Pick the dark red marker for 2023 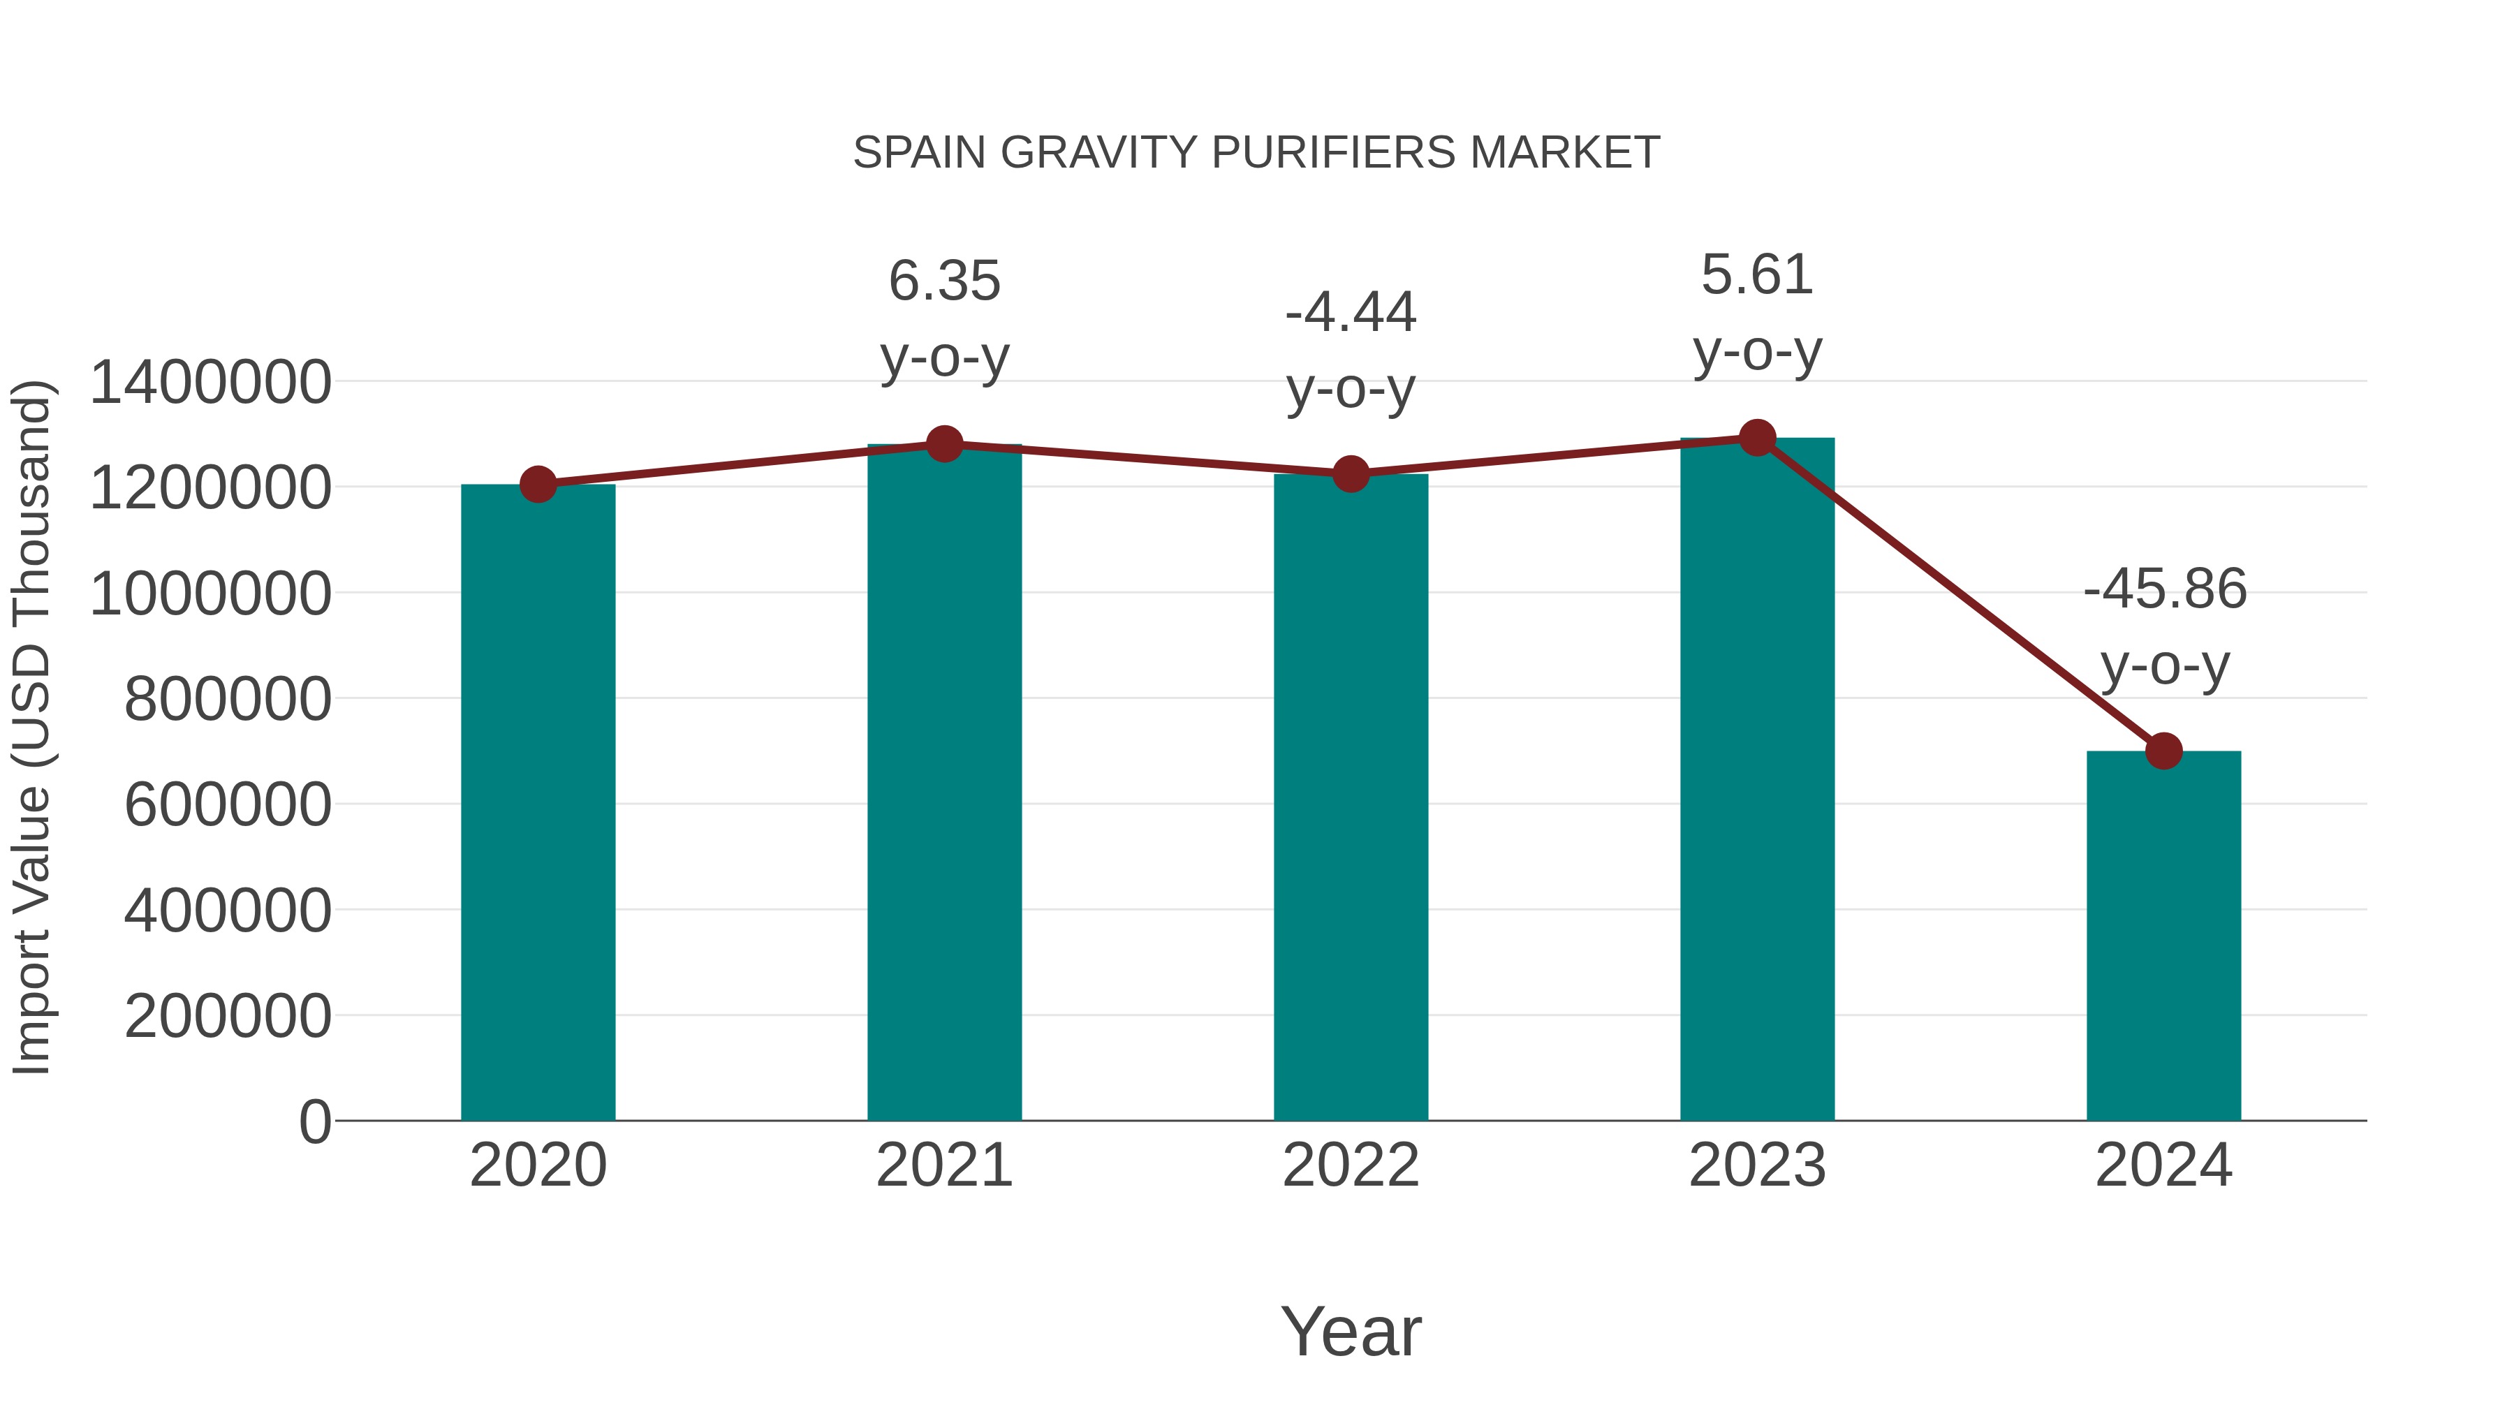(1758, 438)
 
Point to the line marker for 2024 (2163, 751)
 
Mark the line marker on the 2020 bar (538, 484)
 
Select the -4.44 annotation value (1351, 314)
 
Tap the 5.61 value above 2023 (1758, 275)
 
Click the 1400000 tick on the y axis (209, 383)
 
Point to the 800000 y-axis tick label (228, 700)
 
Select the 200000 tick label (228, 1017)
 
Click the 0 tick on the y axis (314, 1122)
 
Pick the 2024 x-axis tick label (2163, 1165)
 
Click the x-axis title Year (1351, 1331)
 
